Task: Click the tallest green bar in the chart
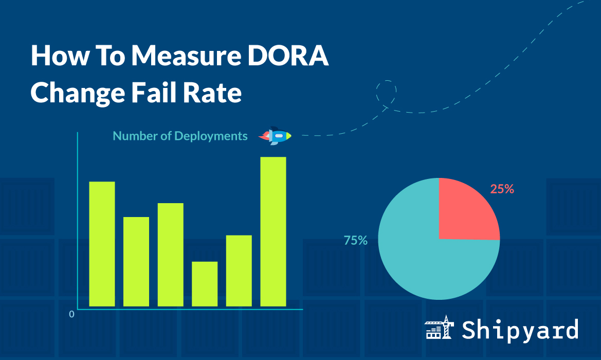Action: click(x=273, y=231)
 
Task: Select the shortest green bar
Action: click(x=205, y=284)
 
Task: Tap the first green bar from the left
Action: click(x=102, y=244)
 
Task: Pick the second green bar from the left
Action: click(x=136, y=261)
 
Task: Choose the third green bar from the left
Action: click(x=170, y=255)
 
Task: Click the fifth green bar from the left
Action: click(x=239, y=271)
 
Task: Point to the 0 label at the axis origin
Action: click(x=72, y=314)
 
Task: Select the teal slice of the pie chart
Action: click(x=427, y=257)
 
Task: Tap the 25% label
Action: click(x=502, y=189)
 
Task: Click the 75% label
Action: click(x=356, y=240)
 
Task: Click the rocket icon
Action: click(x=275, y=136)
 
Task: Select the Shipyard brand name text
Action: click(x=520, y=330)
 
